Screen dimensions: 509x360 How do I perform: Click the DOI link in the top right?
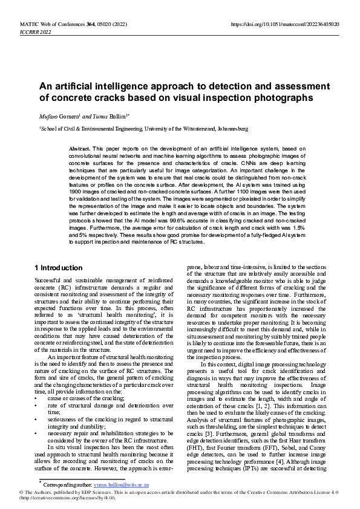(x=285, y=24)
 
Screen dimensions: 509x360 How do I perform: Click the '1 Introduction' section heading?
(x=59, y=268)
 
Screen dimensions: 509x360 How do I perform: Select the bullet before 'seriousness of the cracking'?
(x=37, y=420)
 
